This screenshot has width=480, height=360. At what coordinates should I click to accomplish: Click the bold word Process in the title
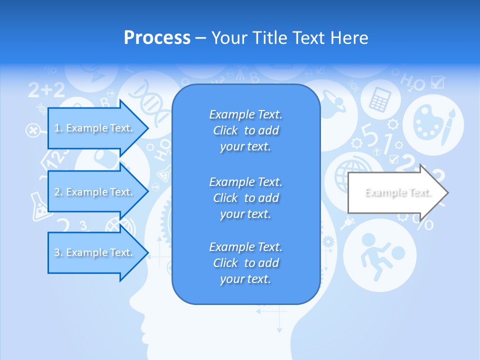coord(157,38)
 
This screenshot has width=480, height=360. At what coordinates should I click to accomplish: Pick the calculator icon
coord(379,99)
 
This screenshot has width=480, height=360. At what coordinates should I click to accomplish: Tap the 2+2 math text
coord(46,90)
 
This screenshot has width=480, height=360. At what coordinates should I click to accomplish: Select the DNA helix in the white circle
coord(150,102)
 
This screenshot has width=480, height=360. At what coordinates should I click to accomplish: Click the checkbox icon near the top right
coord(437,81)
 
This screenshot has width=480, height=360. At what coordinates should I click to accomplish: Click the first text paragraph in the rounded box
coord(245,130)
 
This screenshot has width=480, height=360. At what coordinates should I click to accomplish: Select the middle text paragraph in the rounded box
coord(245,197)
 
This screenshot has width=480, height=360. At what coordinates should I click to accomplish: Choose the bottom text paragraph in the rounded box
coord(245,263)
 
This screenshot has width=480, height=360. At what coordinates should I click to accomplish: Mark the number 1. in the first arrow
coord(58,128)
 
